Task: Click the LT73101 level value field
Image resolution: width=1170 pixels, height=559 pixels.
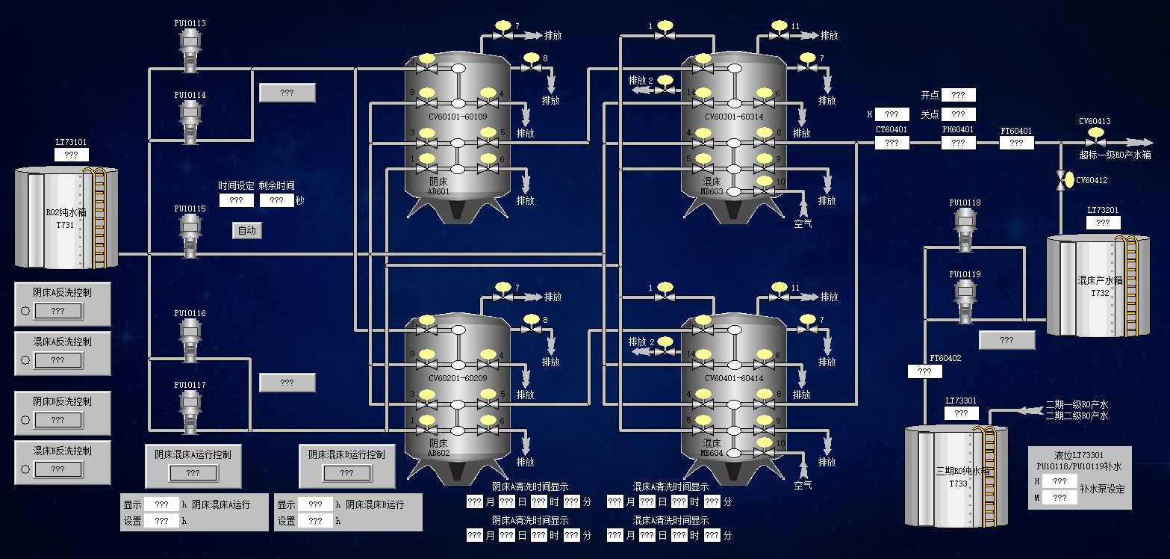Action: (x=72, y=155)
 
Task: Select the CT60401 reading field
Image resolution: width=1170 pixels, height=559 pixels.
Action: (x=892, y=143)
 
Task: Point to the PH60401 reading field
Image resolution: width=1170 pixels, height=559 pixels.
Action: (x=958, y=143)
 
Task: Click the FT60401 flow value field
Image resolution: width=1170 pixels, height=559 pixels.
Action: (x=1016, y=143)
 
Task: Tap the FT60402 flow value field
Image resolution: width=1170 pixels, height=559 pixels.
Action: (x=925, y=371)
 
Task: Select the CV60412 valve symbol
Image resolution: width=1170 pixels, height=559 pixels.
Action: (x=1060, y=180)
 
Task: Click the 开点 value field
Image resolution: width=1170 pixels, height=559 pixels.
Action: (x=959, y=95)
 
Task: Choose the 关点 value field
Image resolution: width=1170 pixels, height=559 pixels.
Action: (x=959, y=114)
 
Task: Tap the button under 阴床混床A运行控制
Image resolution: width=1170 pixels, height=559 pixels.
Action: (x=193, y=473)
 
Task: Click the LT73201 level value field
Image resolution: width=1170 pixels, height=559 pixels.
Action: (x=1103, y=223)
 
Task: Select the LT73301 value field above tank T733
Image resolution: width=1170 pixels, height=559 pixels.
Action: (x=962, y=413)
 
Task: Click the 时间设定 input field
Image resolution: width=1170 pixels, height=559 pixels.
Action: (x=237, y=200)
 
